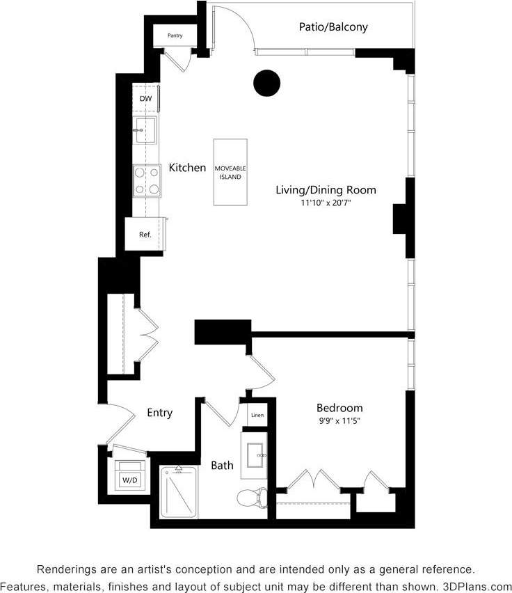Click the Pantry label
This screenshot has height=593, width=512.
(175, 35)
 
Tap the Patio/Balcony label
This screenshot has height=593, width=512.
(333, 27)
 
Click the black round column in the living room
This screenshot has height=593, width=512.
(266, 84)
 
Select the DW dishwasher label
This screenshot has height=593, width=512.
(145, 99)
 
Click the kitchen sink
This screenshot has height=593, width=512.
(146, 130)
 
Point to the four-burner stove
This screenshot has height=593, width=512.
(147, 180)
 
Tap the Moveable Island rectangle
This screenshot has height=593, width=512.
(230, 173)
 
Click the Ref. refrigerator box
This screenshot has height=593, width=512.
(145, 235)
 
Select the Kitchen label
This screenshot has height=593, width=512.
(187, 168)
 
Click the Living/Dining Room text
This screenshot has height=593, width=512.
(326, 190)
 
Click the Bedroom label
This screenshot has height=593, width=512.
(339, 408)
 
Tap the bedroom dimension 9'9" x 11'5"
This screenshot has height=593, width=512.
(339, 421)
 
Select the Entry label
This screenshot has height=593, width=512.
(159, 413)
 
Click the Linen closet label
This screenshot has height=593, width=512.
(257, 416)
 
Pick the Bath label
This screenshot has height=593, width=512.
(223, 465)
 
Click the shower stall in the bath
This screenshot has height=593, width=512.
(179, 493)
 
